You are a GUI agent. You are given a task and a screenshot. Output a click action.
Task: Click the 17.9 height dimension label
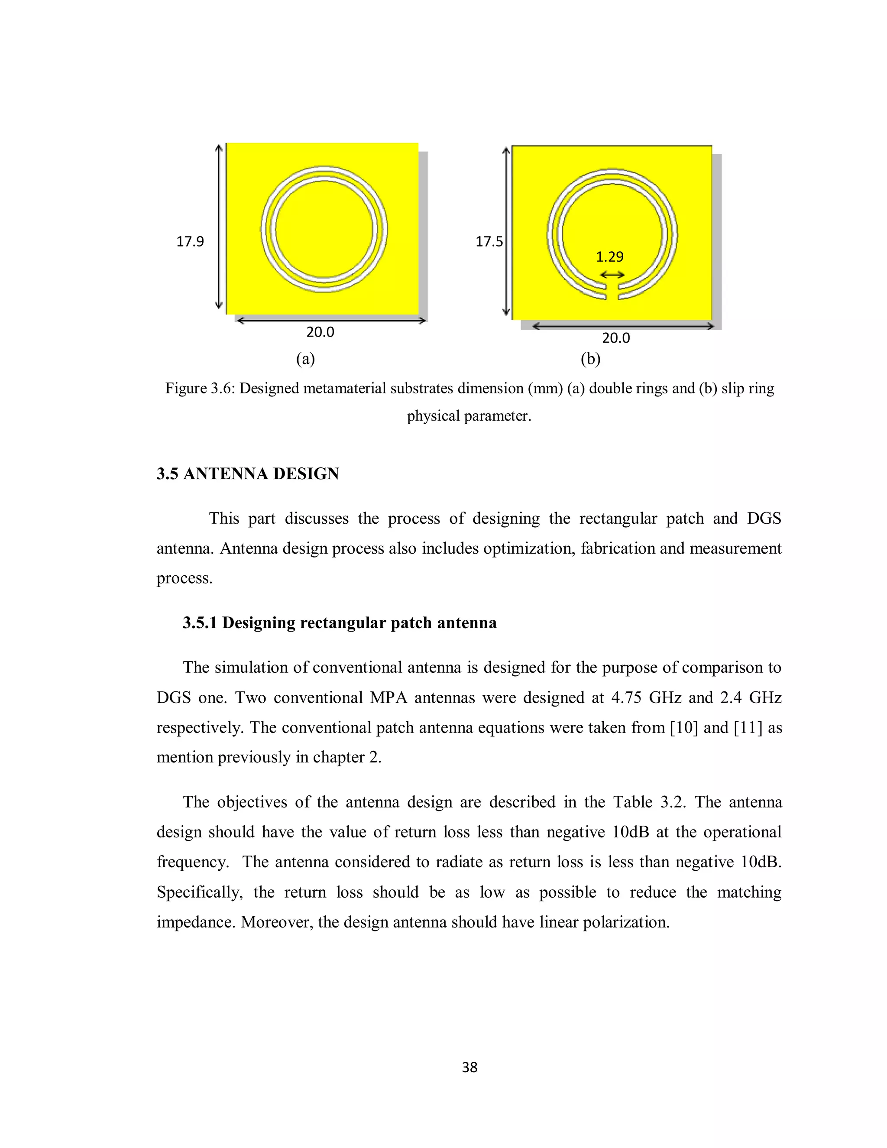pyautogui.click(x=190, y=241)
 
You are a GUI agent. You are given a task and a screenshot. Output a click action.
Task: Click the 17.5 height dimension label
pyautogui.click(x=489, y=241)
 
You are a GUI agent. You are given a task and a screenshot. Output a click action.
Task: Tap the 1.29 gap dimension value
pyautogui.click(x=609, y=256)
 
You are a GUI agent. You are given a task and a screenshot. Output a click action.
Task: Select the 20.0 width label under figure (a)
pyautogui.click(x=320, y=332)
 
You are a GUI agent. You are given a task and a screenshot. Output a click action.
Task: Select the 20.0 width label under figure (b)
pyautogui.click(x=615, y=338)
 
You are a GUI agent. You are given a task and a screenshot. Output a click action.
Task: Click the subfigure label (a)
pyautogui.click(x=305, y=359)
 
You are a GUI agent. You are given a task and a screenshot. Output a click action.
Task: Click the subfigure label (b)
pyautogui.click(x=590, y=359)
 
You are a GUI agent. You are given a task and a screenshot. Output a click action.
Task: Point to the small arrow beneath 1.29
pyautogui.click(x=612, y=274)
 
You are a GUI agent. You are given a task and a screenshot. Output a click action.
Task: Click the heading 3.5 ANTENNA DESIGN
pyautogui.click(x=247, y=473)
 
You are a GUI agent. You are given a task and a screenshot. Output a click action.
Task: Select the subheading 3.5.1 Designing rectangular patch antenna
pyautogui.click(x=340, y=623)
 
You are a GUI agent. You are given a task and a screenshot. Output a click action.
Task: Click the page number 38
pyautogui.click(x=469, y=1067)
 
